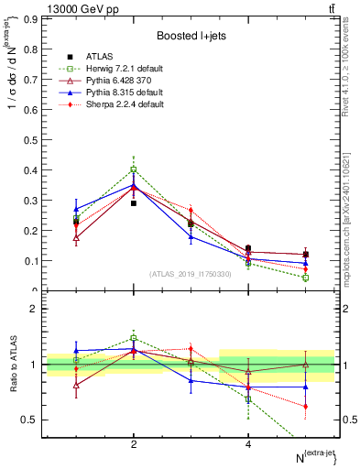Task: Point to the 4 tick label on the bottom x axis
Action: [248, 444]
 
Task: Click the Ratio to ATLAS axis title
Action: [12, 365]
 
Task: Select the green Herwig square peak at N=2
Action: [134, 169]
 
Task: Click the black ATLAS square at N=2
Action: [134, 203]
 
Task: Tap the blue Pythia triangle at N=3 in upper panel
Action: [191, 236]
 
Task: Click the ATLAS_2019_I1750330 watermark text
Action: [191, 273]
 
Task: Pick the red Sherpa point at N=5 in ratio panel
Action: [305, 406]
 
